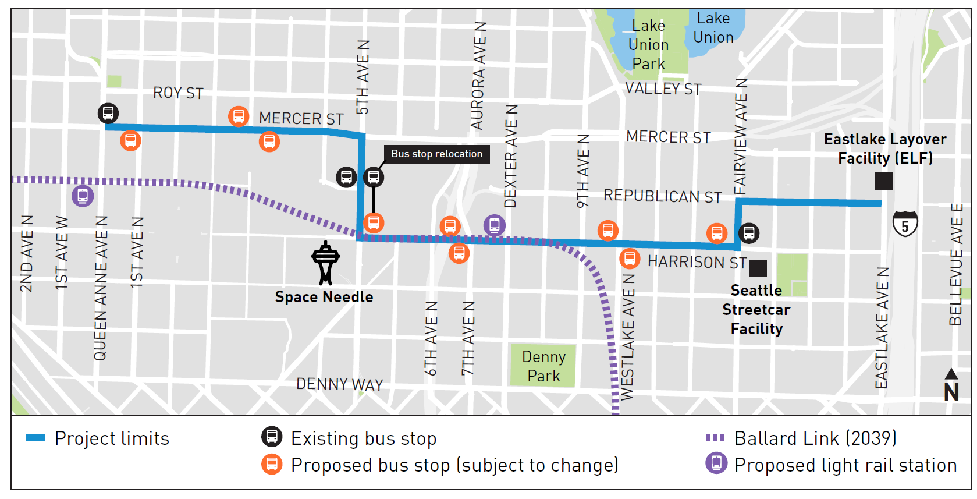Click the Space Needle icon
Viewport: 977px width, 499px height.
coord(325,263)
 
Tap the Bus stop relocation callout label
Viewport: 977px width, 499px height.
coord(436,154)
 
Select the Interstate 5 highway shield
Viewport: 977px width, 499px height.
coord(905,224)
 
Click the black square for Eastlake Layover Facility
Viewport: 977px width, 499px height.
coord(884,181)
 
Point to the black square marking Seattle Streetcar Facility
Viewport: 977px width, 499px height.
coord(758,268)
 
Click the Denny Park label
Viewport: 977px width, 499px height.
coord(543,366)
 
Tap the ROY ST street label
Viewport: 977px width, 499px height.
coord(178,93)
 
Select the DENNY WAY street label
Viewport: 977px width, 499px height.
coord(340,384)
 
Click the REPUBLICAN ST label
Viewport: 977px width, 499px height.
coord(662,196)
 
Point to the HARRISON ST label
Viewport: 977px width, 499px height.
coord(697,262)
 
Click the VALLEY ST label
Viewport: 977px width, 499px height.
coord(663,89)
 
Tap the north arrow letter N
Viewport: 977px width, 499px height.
coord(951,393)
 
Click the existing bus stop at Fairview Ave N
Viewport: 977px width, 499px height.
coord(749,233)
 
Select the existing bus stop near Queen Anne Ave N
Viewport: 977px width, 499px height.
coord(108,113)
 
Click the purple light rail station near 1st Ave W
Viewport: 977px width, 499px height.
coord(83,196)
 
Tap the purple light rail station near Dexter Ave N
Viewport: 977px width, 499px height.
coord(495,225)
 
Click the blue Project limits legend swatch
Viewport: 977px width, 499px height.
coord(35,438)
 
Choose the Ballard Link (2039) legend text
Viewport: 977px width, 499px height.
coord(815,438)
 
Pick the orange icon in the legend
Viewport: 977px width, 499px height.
coord(272,465)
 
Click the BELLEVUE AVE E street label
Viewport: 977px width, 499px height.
coord(956,264)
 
